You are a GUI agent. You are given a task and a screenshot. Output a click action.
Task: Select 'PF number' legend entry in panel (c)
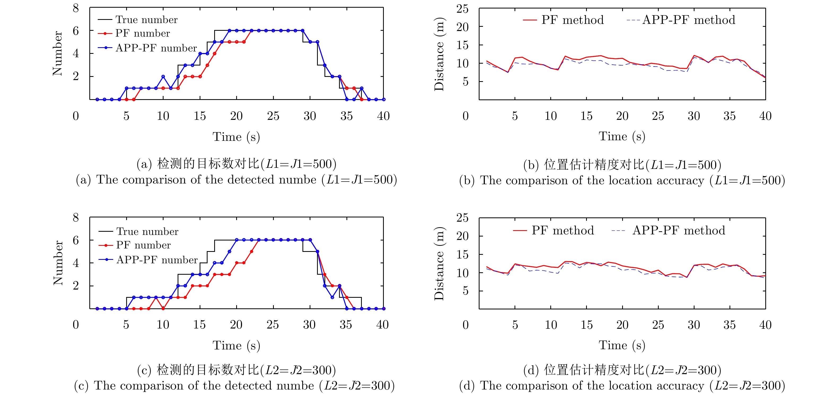143,245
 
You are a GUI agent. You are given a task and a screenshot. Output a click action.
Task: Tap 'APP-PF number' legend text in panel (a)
156,48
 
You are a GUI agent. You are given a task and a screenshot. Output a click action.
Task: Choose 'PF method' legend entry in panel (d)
562,231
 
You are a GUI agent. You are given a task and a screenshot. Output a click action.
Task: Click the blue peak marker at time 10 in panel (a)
163,77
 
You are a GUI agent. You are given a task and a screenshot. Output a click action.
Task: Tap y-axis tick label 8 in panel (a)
76,8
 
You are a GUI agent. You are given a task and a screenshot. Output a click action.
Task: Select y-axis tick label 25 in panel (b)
462,9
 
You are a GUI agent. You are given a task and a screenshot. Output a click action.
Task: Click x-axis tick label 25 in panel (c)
273,325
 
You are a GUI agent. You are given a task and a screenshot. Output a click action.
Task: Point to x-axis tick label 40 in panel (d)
765,325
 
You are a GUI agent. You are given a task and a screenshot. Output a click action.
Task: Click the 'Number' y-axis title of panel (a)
57,54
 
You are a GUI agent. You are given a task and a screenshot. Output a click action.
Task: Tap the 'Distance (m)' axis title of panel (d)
439,263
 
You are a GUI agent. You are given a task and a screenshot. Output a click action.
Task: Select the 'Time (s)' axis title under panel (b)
622,137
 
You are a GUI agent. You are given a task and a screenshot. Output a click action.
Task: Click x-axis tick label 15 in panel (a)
200,116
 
